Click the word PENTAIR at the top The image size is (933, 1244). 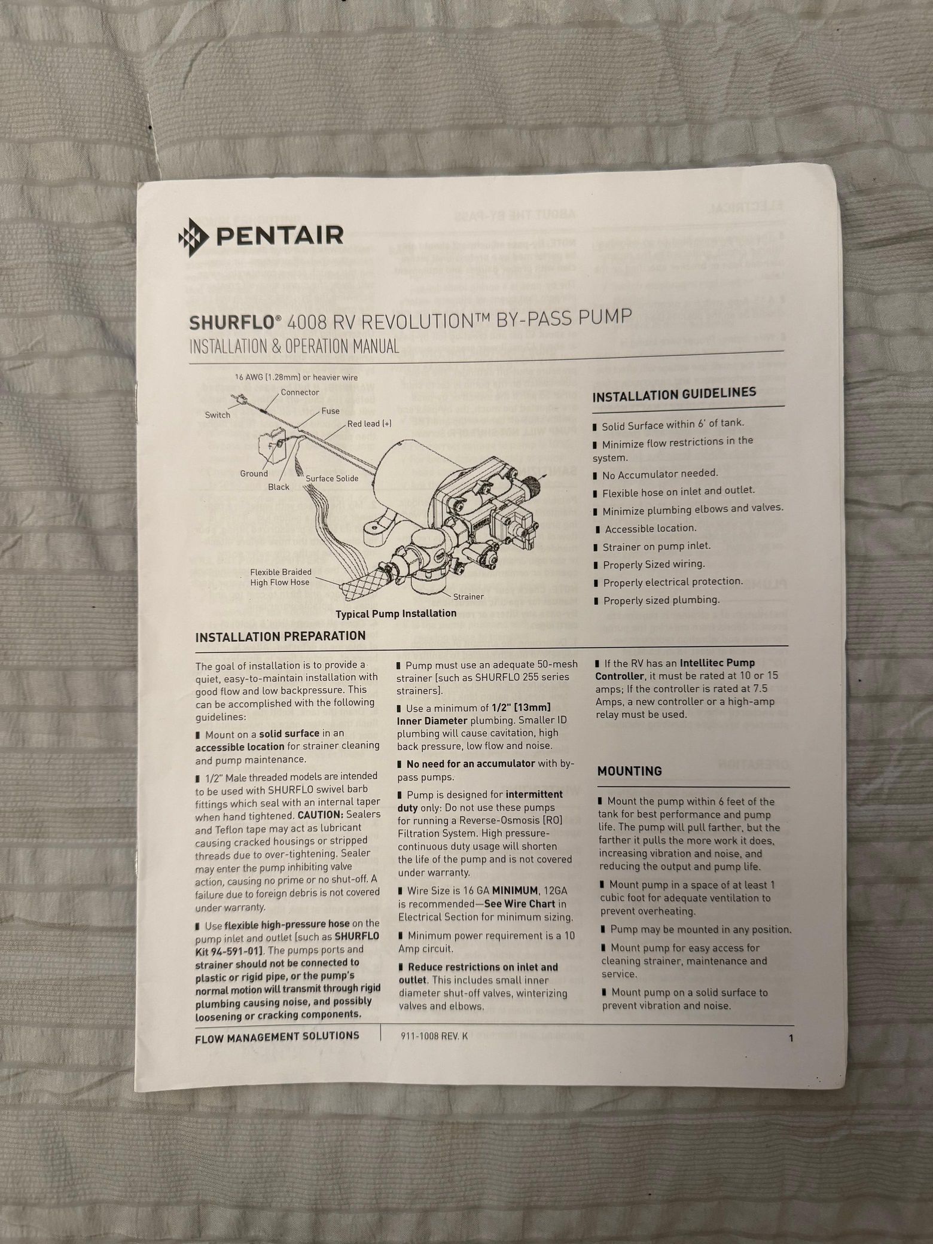click(x=279, y=235)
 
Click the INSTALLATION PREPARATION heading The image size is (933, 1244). click(x=280, y=636)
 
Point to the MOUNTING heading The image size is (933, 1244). click(x=629, y=771)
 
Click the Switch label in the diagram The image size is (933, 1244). click(x=218, y=415)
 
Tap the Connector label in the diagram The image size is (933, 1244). click(x=300, y=392)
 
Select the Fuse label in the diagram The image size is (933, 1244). click(x=330, y=411)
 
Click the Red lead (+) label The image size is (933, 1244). click(x=370, y=423)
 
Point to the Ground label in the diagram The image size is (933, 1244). click(x=254, y=474)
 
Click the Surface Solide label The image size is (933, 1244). click(x=332, y=478)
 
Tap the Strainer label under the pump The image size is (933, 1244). click(x=468, y=596)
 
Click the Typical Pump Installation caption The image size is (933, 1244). click(x=395, y=614)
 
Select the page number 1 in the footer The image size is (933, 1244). click(x=791, y=1038)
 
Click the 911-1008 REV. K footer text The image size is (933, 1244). click(x=434, y=1036)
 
